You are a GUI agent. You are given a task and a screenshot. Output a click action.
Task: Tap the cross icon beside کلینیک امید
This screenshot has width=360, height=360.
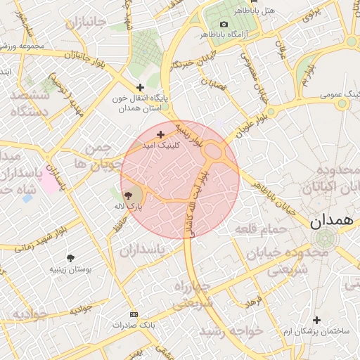161,134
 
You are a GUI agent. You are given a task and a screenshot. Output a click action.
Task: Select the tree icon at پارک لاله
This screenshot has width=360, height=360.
129,196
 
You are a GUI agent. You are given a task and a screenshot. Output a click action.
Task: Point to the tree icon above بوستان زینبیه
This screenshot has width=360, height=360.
70,258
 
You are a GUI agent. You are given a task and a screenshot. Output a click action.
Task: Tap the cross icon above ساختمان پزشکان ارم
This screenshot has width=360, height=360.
317,320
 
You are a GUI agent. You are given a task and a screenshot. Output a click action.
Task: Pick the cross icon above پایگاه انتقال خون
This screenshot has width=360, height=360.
141,87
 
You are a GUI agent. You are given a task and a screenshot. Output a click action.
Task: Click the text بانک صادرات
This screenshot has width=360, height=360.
134,325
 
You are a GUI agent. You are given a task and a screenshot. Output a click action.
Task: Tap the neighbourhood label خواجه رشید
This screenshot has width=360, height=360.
231,330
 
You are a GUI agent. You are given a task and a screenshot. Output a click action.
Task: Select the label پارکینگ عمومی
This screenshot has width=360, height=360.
337,94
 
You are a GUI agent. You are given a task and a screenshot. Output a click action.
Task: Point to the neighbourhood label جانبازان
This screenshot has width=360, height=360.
86,23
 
